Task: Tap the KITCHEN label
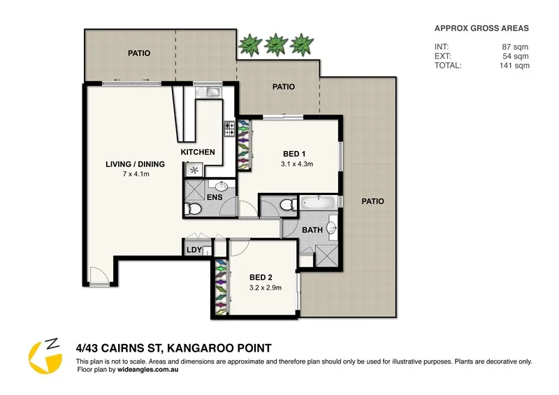(x=198, y=152)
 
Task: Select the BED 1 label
(x=293, y=154)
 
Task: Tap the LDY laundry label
(x=194, y=250)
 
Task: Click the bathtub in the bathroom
(x=318, y=203)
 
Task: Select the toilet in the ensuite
(x=194, y=209)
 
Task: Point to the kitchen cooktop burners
(x=228, y=128)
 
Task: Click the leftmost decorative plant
(x=249, y=45)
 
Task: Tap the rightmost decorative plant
(x=300, y=45)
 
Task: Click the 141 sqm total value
(x=515, y=65)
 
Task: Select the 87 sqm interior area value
(x=517, y=47)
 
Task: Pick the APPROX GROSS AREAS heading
(x=481, y=29)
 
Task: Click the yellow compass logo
(x=44, y=355)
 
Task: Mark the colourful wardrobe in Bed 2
(x=222, y=287)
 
